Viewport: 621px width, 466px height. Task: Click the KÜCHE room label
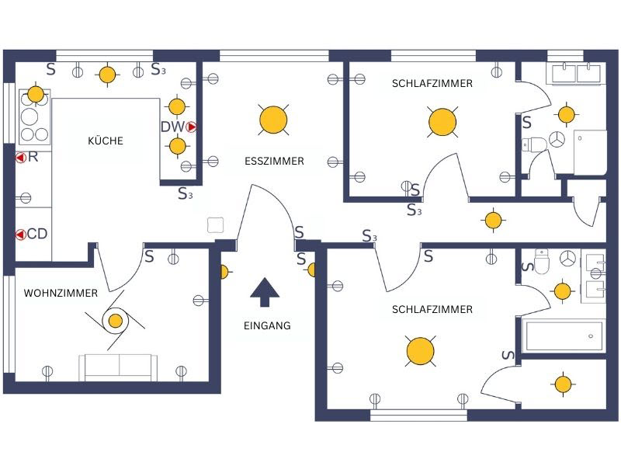(x=106, y=141)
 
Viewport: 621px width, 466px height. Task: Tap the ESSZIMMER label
(x=275, y=161)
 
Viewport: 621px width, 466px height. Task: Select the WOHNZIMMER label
(x=61, y=294)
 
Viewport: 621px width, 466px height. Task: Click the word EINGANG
(x=267, y=325)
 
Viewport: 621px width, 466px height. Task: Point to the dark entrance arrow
(x=265, y=293)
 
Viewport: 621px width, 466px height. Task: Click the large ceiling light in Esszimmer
(x=273, y=120)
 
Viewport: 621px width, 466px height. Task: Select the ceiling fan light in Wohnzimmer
(x=115, y=321)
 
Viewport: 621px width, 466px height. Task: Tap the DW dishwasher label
(x=172, y=127)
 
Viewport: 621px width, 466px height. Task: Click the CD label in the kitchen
(x=37, y=234)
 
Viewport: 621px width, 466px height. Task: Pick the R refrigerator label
(x=33, y=157)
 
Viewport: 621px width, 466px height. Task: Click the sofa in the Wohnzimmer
(x=119, y=367)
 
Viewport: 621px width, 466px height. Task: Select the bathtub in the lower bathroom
(x=564, y=336)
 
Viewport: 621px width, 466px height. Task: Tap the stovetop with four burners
(x=35, y=117)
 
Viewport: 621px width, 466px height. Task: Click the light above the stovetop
(x=36, y=94)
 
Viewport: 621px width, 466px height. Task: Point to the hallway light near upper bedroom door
(x=493, y=220)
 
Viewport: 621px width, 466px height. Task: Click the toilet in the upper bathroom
(x=534, y=144)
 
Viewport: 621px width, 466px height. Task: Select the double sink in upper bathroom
(x=576, y=73)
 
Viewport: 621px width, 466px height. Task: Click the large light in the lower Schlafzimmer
(x=420, y=351)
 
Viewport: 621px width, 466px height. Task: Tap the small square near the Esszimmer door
(x=216, y=225)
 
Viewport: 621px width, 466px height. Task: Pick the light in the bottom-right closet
(x=563, y=384)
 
